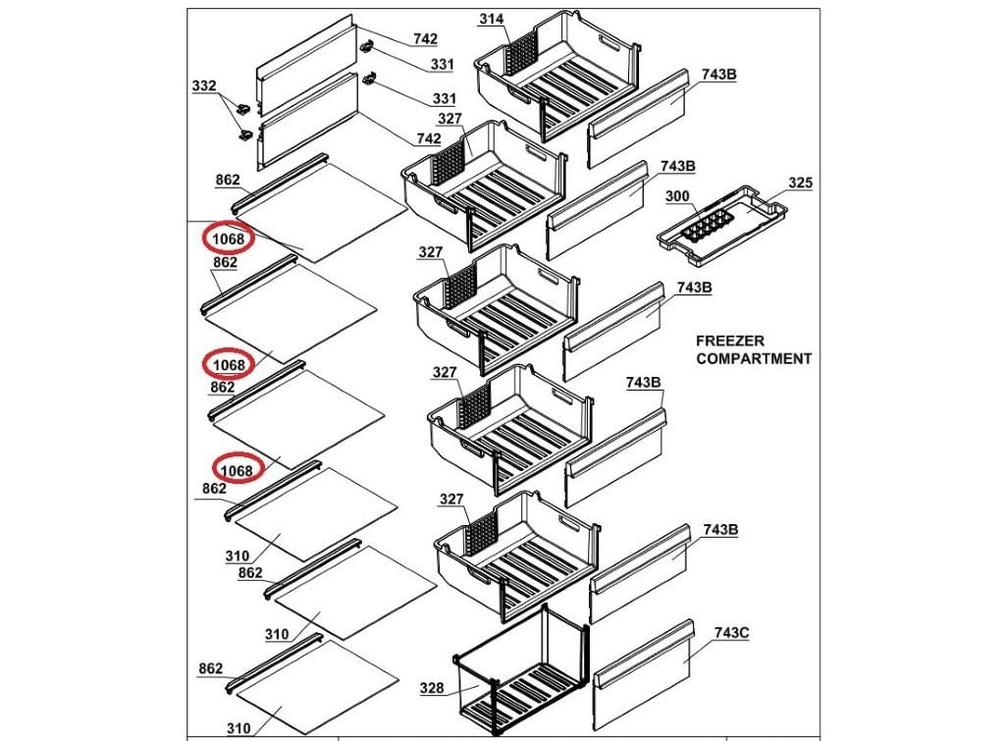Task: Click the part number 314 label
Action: coord(491,20)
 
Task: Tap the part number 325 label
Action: coord(800,184)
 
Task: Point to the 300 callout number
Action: coord(677,196)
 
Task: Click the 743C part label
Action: coord(731,632)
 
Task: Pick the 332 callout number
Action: coord(204,86)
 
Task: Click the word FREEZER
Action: coord(730,341)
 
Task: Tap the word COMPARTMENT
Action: coord(754,358)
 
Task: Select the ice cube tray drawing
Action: coord(721,226)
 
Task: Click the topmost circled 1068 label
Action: coord(229,238)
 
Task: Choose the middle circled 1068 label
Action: coord(229,365)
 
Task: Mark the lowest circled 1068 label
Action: coord(236,470)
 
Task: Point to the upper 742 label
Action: coord(425,39)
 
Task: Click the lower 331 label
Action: coord(444,100)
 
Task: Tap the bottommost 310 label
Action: coord(238,728)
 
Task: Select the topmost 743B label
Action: coord(718,76)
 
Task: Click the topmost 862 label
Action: coord(228,180)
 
